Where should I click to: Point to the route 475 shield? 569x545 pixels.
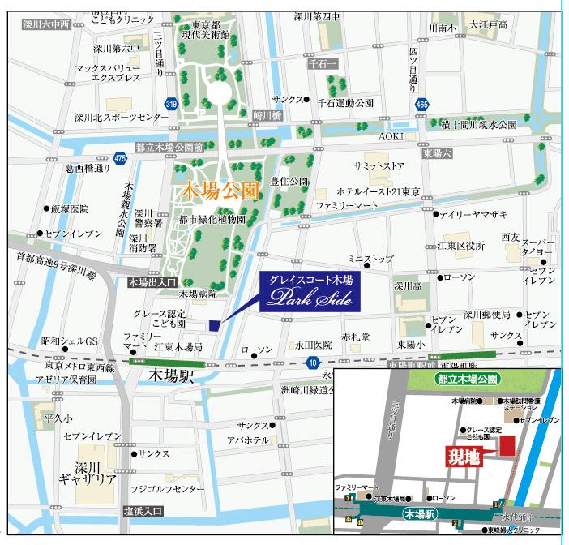click(120, 157)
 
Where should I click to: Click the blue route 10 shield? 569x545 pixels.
click(312, 363)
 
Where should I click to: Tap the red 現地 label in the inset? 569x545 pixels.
click(464, 456)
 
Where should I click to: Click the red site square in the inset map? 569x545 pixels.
click(507, 444)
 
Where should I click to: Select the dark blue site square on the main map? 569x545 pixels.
click(214, 325)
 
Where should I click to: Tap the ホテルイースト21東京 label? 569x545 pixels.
click(379, 191)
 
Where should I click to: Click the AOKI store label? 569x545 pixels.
click(391, 137)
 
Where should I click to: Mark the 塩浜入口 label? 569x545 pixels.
click(143, 511)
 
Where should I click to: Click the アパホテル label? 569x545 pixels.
click(248, 440)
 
